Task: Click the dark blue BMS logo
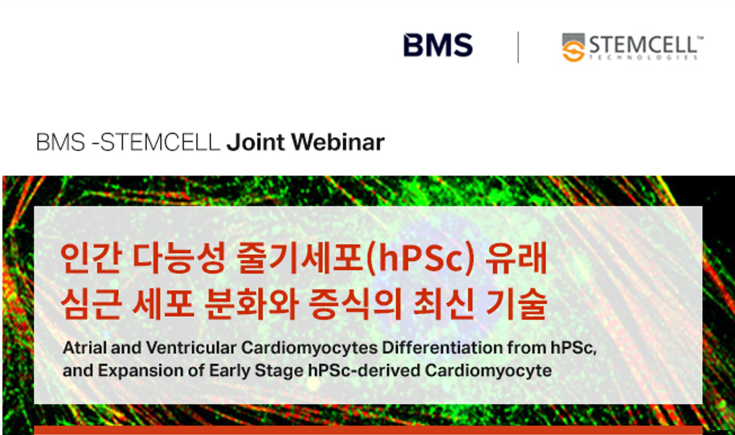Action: click(438, 45)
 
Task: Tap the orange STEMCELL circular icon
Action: click(573, 51)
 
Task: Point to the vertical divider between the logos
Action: click(518, 47)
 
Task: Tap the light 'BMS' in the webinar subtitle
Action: click(61, 142)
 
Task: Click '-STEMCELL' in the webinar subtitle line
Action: click(156, 142)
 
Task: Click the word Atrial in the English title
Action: click(85, 348)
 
